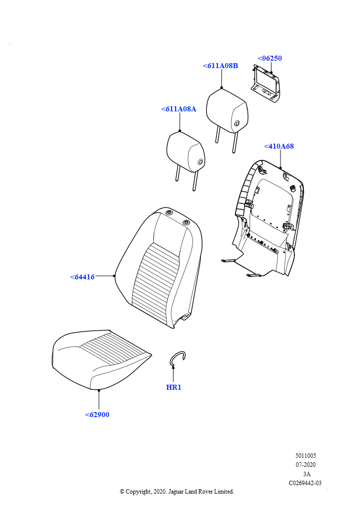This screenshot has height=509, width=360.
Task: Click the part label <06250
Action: pos(270,59)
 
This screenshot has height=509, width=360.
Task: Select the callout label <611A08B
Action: pos(220,66)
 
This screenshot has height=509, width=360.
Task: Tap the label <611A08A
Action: pos(179,109)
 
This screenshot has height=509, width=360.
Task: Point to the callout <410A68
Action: pos(279,147)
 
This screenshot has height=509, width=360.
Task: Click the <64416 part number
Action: pos(82,277)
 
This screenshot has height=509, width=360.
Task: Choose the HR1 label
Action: pos(174,387)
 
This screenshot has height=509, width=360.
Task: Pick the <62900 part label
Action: pos(97,415)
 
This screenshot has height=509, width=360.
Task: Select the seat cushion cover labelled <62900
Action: pos(101,360)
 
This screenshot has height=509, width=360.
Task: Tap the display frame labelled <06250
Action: pos(266,84)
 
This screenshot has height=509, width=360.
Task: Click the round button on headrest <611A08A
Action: pos(200,162)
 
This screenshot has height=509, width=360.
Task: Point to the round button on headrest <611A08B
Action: pos(237,123)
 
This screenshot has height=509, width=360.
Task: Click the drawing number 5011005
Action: pos(305,456)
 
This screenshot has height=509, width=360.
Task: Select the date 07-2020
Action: pos(305,465)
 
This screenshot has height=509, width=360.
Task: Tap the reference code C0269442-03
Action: pos(305,483)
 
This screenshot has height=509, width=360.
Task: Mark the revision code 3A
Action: pos(306,474)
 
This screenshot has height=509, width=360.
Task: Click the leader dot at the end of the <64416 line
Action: pos(114,276)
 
